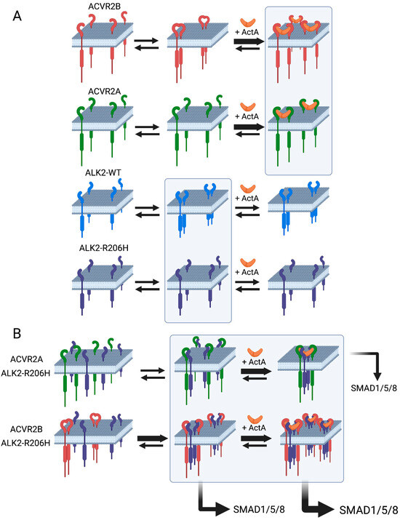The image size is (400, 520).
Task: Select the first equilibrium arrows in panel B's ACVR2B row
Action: coord(143,445)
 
